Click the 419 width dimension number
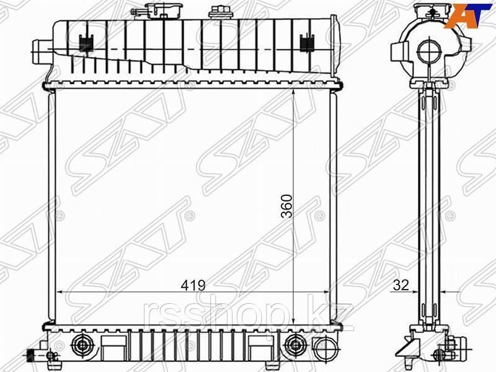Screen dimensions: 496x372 click(x=193, y=286)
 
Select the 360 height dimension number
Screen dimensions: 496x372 click(x=287, y=206)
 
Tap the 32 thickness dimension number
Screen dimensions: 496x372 click(x=401, y=285)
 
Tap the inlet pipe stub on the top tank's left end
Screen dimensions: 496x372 click(x=40, y=50)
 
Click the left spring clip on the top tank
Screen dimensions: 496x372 click(x=85, y=43)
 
